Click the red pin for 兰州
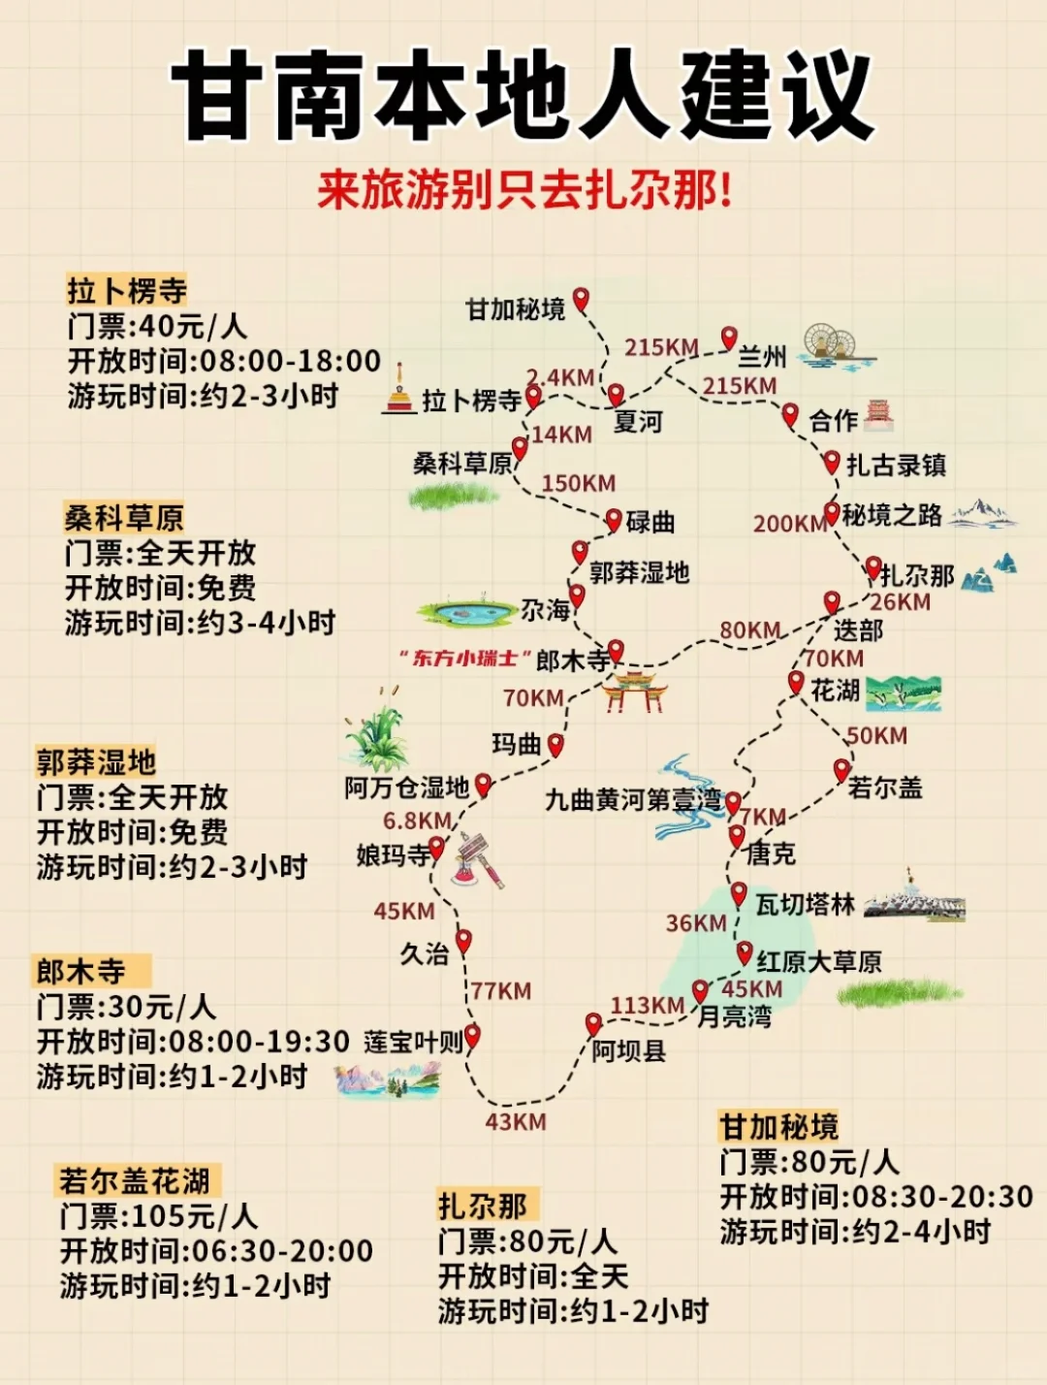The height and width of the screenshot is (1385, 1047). [x=729, y=338]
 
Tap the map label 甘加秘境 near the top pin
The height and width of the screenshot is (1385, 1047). [x=515, y=309]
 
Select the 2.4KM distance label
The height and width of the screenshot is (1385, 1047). [x=560, y=377]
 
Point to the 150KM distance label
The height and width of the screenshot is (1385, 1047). [x=578, y=483]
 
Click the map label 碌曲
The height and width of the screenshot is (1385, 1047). [x=650, y=522]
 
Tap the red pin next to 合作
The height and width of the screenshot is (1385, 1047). [x=790, y=415]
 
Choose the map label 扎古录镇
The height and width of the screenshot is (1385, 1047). [x=896, y=466]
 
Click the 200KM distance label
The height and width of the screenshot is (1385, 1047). [x=788, y=524]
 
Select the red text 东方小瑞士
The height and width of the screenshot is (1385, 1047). [x=464, y=659]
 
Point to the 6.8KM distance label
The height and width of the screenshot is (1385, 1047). [x=417, y=821]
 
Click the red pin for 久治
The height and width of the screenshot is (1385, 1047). [x=463, y=940]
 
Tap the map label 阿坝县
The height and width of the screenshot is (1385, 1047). [x=629, y=1051]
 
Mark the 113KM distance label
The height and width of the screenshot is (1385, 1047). [x=647, y=1006]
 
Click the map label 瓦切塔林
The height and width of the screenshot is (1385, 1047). [x=805, y=905]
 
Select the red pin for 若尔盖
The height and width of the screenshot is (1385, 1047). [x=841, y=770]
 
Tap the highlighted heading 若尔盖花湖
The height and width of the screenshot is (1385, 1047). [x=135, y=1180]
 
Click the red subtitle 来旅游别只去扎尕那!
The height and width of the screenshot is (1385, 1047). [x=524, y=189]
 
